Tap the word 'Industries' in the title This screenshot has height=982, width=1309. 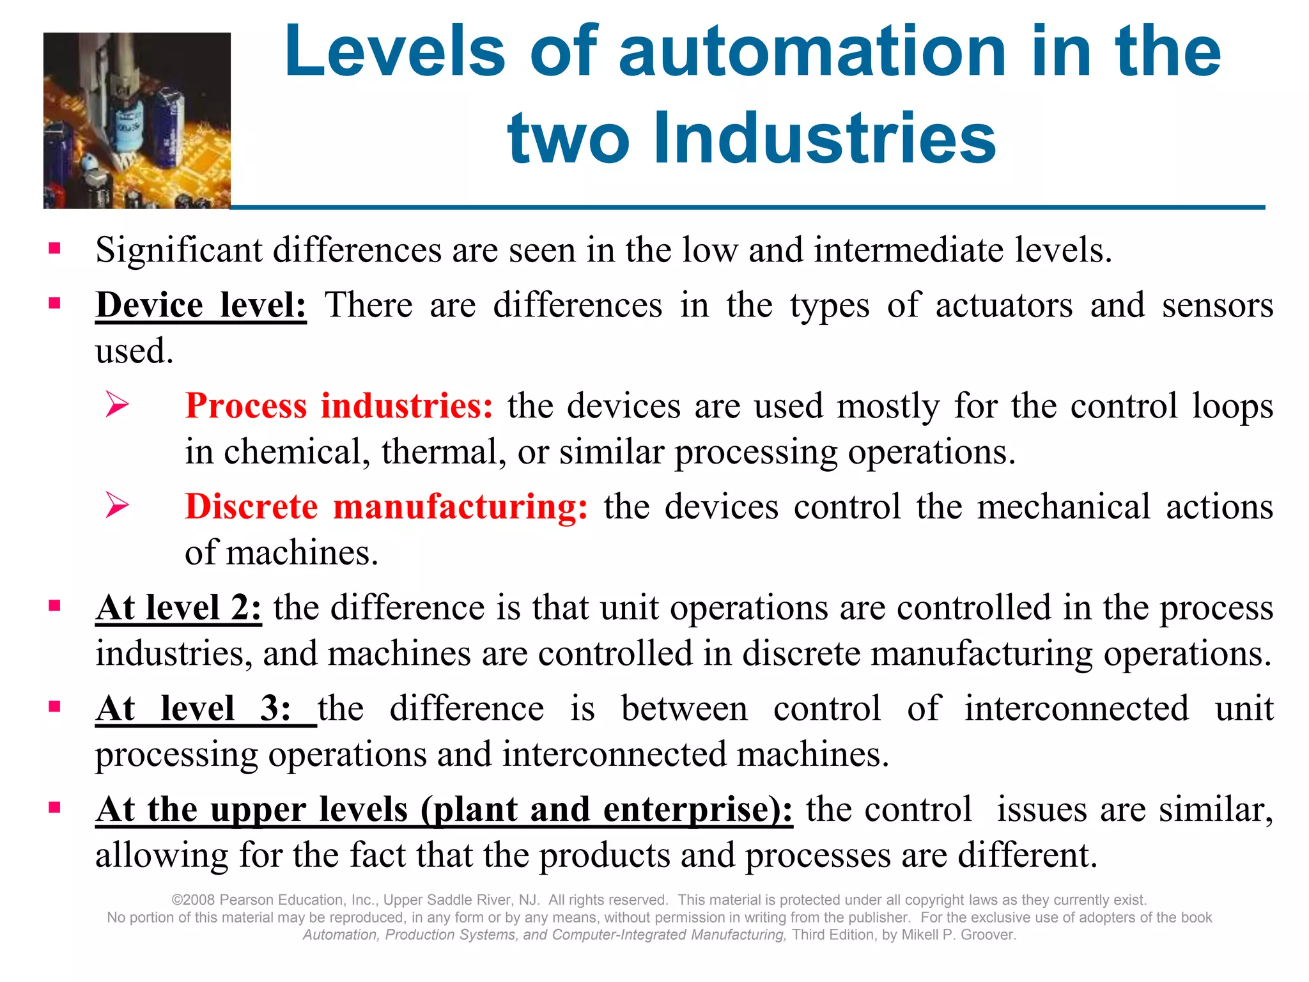[825, 137]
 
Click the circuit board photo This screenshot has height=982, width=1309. [137, 120]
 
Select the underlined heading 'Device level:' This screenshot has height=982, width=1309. [201, 306]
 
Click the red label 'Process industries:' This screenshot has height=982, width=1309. [339, 406]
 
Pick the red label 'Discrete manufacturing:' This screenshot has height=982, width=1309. [386, 506]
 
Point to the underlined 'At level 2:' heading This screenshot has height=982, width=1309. [178, 607]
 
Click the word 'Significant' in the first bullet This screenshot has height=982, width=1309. [179, 250]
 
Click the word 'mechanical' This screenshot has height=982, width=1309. [1064, 506]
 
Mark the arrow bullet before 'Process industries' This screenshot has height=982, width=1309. [118, 405]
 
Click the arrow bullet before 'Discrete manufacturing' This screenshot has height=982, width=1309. [118, 505]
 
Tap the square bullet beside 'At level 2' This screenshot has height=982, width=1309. [54, 605]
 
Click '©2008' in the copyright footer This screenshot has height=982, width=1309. [193, 900]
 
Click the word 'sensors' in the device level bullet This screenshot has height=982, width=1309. [1217, 306]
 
